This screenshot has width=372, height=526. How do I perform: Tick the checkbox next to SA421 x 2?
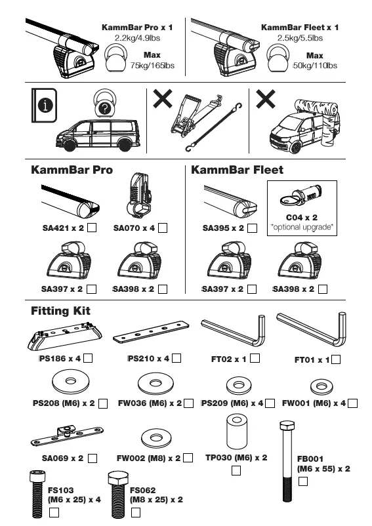[93, 228]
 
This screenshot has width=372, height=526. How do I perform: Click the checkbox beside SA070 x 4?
[163, 228]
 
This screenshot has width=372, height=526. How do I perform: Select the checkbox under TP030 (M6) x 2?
[236, 470]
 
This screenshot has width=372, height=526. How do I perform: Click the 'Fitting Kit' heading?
[61, 311]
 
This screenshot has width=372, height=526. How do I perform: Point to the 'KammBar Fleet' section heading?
[237, 170]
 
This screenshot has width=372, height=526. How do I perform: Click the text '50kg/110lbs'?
[315, 66]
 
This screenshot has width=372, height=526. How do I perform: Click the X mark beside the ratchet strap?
[163, 100]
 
